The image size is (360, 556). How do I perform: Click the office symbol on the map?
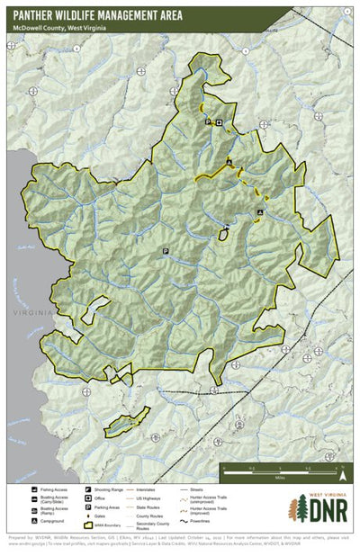tap(218, 121)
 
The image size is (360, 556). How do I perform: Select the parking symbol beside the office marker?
tap(208, 121)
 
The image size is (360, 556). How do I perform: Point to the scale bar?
tap(279, 469)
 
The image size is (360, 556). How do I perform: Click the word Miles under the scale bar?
tap(280, 479)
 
